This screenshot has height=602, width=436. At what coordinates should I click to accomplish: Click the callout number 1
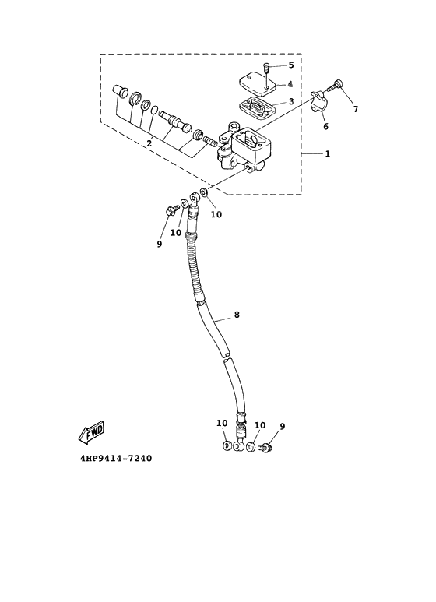pyautogui.click(x=328, y=153)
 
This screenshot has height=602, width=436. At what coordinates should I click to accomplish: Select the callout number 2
pyautogui.click(x=149, y=143)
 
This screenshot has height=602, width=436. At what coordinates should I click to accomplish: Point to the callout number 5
pyautogui.click(x=291, y=65)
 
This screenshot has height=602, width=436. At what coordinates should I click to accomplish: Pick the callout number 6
pyautogui.click(x=325, y=126)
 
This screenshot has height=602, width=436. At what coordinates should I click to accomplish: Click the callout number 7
pyautogui.click(x=356, y=109)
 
